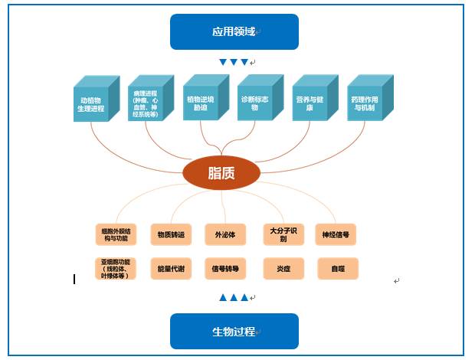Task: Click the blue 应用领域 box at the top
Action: pyautogui.click(x=234, y=31)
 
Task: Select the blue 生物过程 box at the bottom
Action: pyautogui.click(x=234, y=331)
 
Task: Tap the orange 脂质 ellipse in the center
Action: pyautogui.click(x=221, y=173)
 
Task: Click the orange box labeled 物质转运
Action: pyautogui.click(x=171, y=234)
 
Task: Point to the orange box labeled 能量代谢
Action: pyautogui.click(x=171, y=268)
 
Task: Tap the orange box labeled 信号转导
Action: pyautogui.click(x=225, y=268)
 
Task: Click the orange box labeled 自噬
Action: pyautogui.click(x=337, y=268)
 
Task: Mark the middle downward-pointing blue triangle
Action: pyautogui.click(x=234, y=62)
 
